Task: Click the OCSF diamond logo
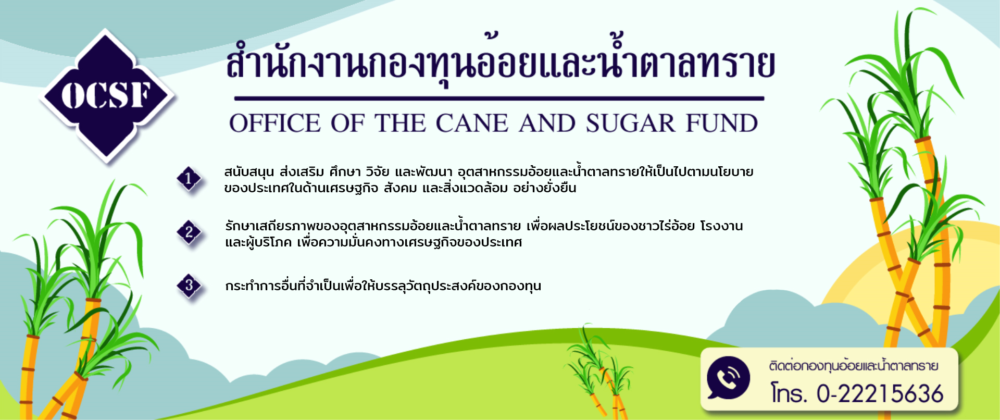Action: (x=107, y=96)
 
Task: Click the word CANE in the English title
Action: (x=472, y=123)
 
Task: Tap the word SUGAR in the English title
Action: (x=630, y=123)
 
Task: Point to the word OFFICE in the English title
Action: (x=275, y=123)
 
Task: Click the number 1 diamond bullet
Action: (x=189, y=179)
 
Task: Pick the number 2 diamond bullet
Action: (x=189, y=232)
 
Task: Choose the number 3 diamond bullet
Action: (x=189, y=286)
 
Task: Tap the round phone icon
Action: (x=728, y=378)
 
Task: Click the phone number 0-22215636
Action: (x=880, y=394)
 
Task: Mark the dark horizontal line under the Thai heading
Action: (x=499, y=98)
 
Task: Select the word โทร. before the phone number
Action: (x=789, y=394)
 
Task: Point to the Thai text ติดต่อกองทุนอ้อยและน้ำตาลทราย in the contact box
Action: (x=854, y=366)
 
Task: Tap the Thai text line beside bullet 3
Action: (x=383, y=286)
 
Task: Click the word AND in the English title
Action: (x=547, y=123)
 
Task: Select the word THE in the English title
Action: (x=400, y=123)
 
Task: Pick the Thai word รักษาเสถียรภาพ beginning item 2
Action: (x=271, y=227)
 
